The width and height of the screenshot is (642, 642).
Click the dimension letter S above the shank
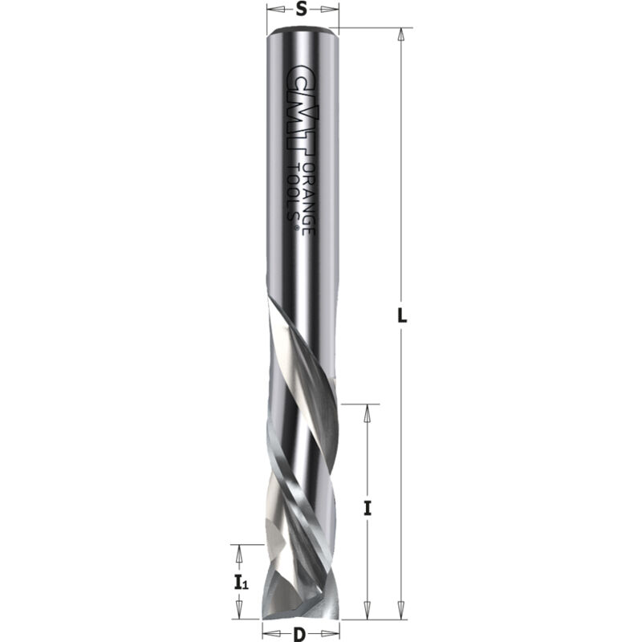301,10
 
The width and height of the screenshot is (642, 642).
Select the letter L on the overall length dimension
403,315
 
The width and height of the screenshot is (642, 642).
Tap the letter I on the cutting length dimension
367,507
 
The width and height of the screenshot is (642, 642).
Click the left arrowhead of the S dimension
270,10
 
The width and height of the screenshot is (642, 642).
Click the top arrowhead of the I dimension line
367,408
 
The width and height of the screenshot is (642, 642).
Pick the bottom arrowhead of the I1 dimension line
238,613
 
